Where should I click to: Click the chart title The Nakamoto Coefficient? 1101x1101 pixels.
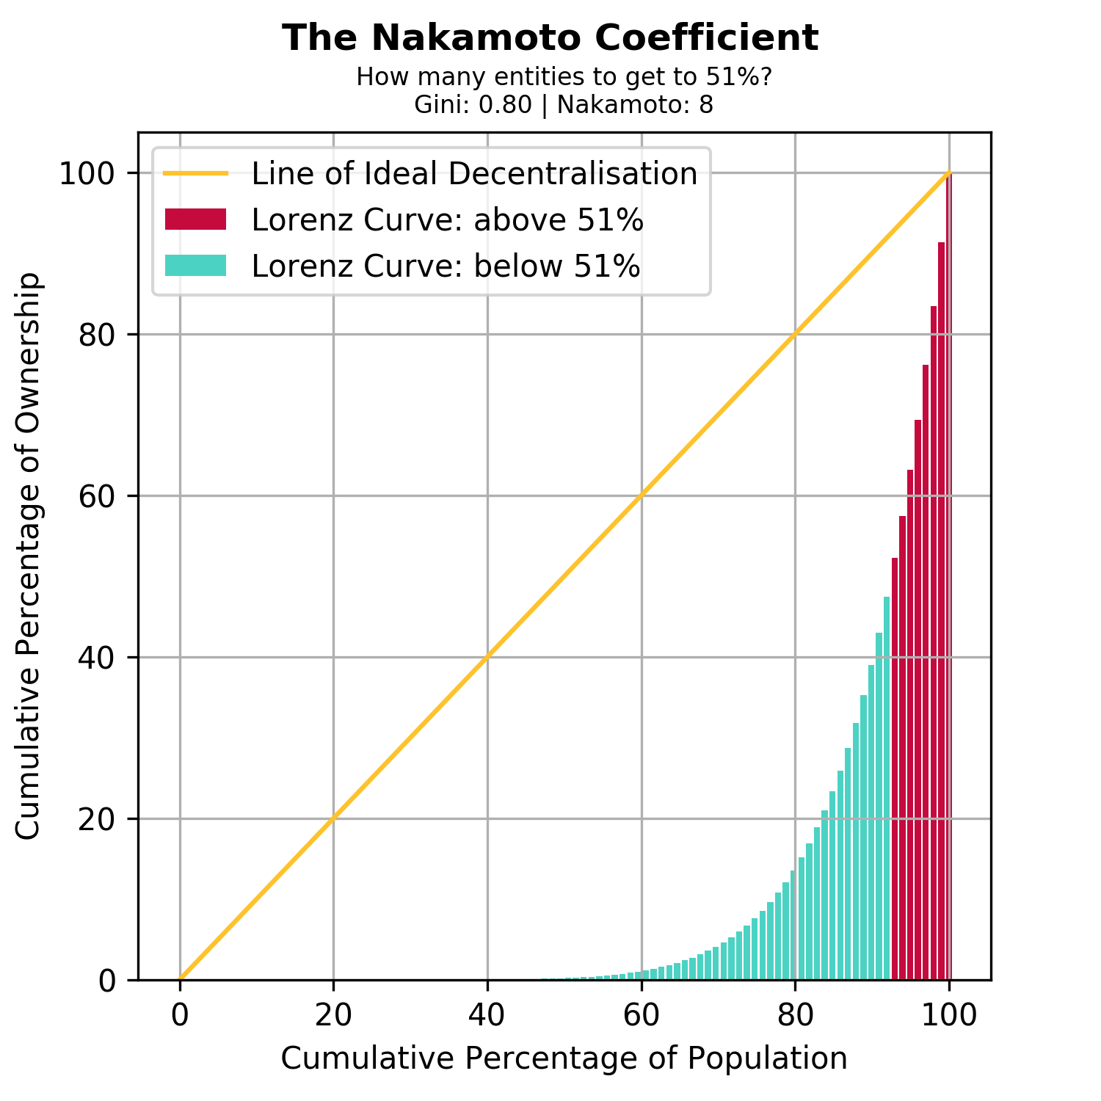tap(550, 38)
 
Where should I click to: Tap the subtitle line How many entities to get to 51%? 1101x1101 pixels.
tap(564, 77)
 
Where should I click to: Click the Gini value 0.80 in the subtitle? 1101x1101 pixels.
tap(505, 105)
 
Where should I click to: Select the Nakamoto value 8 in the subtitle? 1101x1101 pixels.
tap(705, 105)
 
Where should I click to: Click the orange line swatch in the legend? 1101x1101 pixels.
tap(195, 174)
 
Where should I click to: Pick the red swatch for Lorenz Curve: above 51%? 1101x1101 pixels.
tap(195, 219)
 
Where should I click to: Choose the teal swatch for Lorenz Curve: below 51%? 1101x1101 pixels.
tap(195, 265)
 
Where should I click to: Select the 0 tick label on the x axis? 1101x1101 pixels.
tap(180, 1015)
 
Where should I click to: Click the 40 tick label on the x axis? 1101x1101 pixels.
tap(487, 1015)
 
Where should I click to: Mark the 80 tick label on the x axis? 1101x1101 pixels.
tap(795, 1015)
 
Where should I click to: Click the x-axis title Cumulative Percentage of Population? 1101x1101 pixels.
tap(564, 1058)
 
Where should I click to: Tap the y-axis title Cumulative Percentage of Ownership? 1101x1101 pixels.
tap(29, 556)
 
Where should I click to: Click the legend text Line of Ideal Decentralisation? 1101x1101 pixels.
tap(474, 174)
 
